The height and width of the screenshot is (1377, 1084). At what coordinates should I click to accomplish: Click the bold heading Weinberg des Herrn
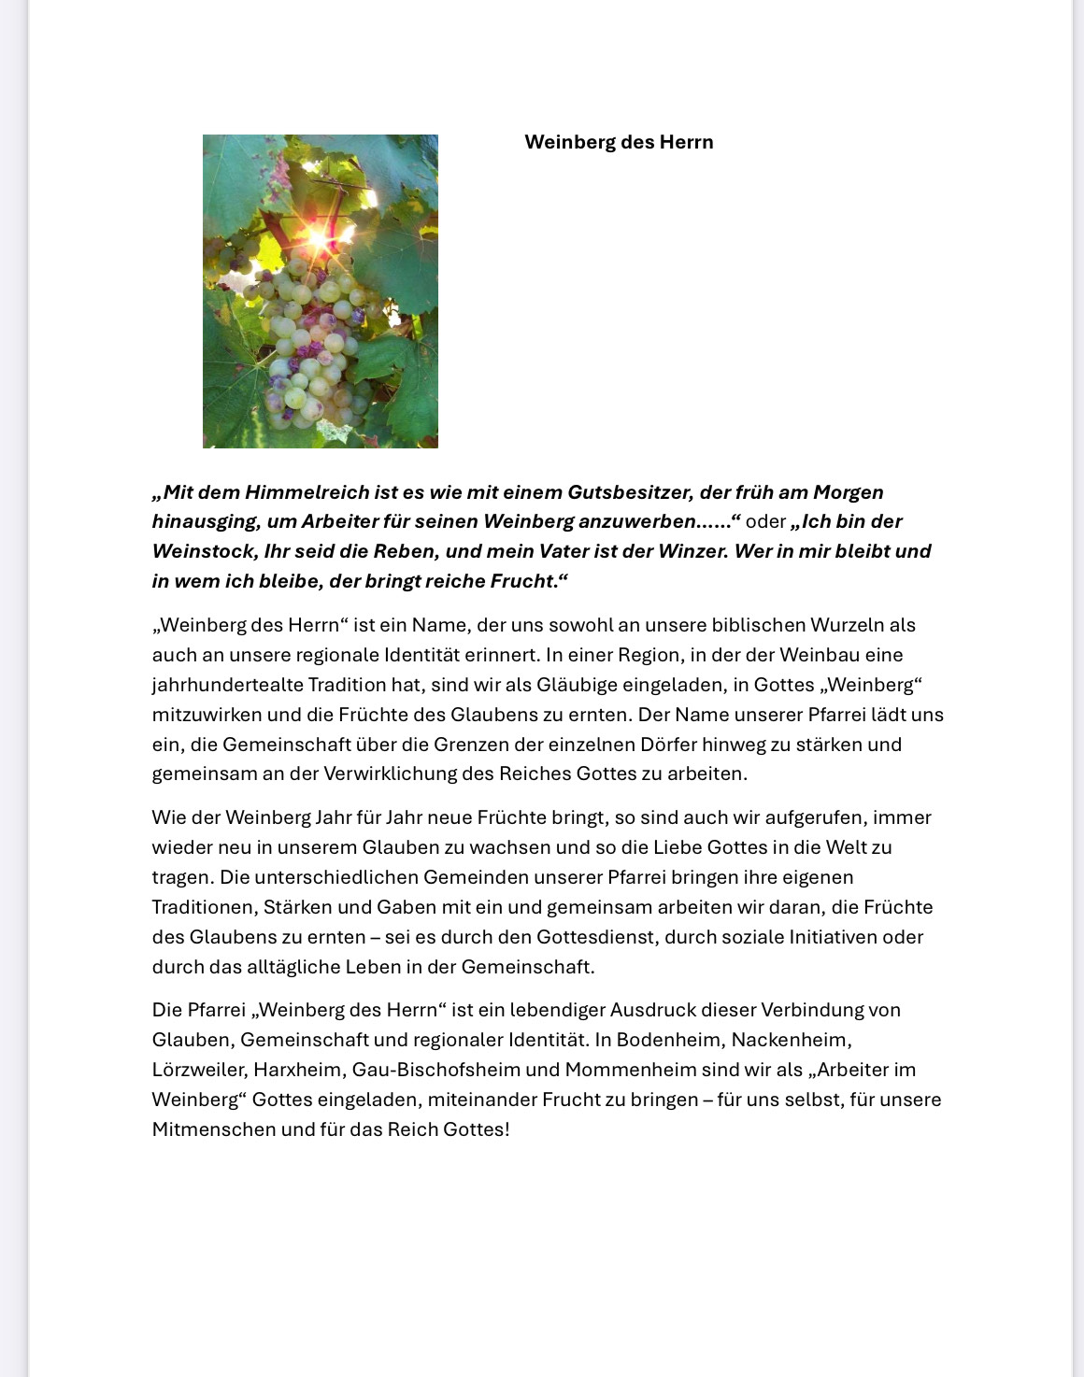coord(619,142)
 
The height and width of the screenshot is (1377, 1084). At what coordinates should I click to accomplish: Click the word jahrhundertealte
coord(227,685)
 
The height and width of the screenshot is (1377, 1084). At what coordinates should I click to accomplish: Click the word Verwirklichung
coord(393,774)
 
